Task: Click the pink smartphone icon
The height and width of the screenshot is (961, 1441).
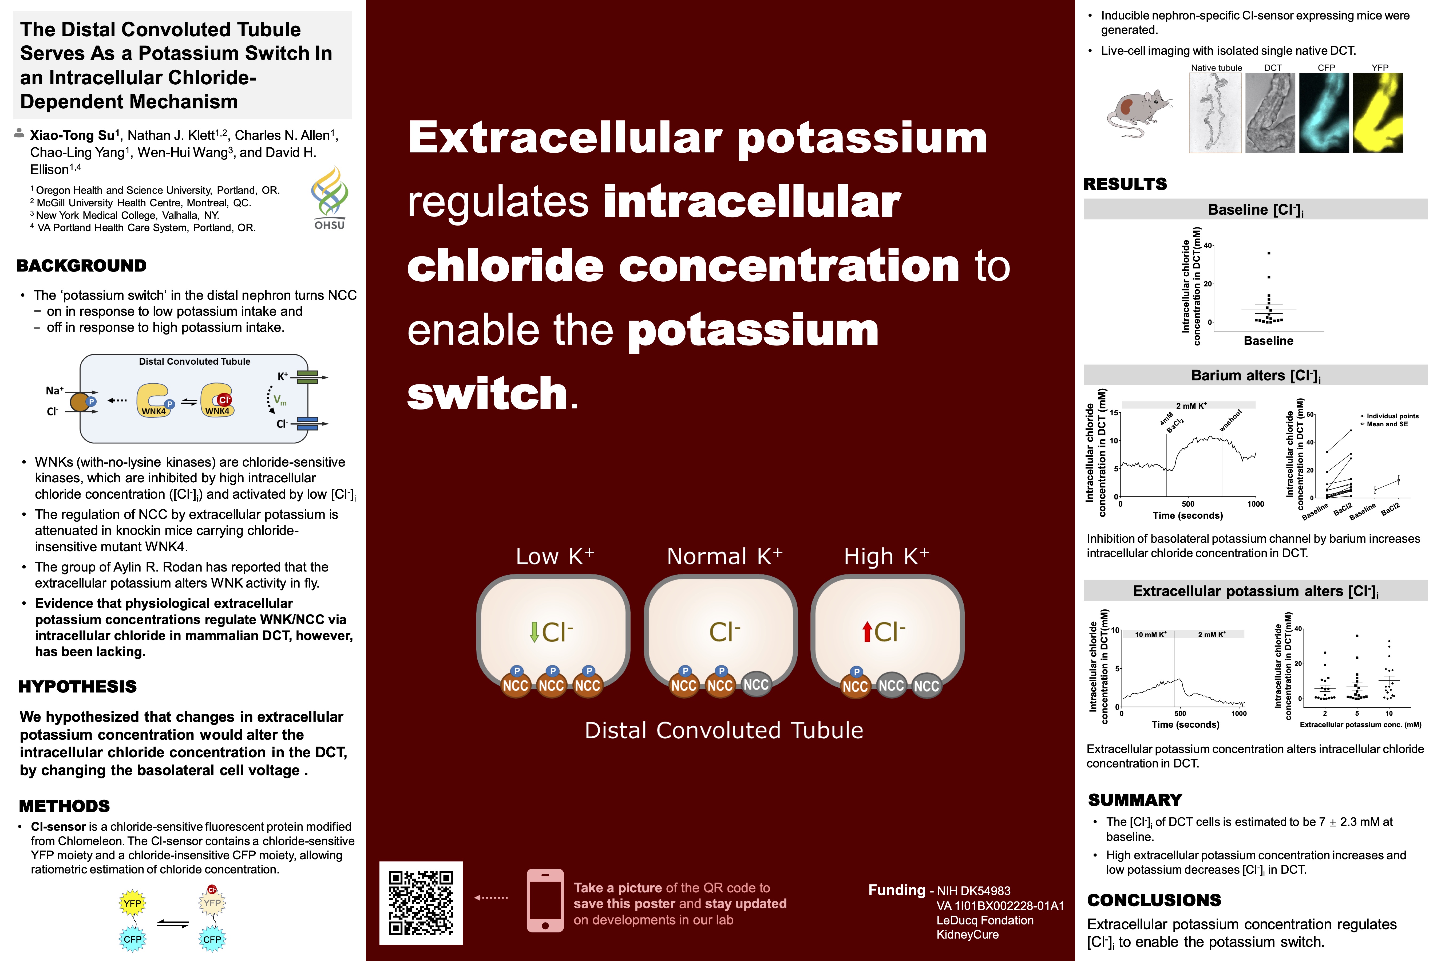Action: point(545,900)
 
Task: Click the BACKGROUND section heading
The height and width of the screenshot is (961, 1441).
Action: point(81,265)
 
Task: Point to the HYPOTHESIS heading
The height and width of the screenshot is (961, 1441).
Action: point(77,686)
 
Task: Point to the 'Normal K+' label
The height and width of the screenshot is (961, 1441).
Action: point(725,556)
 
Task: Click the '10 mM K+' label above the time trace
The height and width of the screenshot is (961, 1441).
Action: point(1151,634)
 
